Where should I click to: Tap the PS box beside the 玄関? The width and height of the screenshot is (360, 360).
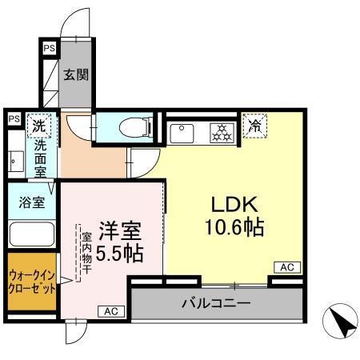pos(50,49)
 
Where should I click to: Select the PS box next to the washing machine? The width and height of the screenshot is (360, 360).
pos(14,119)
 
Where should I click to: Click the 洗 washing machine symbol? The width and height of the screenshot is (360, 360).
pos(37,125)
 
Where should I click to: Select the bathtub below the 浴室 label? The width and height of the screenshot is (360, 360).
pos(31,235)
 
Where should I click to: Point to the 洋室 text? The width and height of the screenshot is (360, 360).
pos(120,231)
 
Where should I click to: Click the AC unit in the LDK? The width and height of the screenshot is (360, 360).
pos(286,267)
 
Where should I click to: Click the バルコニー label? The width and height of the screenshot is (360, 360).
pos(215,303)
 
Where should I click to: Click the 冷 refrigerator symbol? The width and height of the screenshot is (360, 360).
pos(255,125)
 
